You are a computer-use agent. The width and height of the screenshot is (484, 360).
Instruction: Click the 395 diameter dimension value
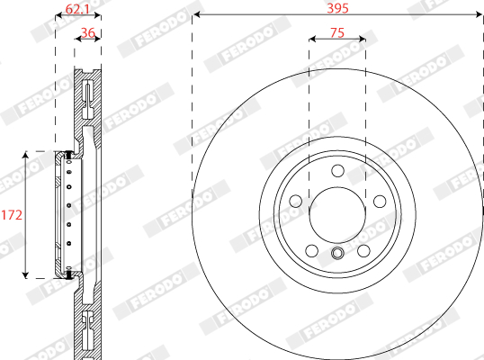(337, 8)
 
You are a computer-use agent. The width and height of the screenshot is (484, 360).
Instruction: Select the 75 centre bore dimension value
(337, 32)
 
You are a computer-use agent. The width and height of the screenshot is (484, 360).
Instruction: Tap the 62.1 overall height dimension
(77, 9)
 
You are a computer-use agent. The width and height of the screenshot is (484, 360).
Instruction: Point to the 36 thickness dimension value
(87, 32)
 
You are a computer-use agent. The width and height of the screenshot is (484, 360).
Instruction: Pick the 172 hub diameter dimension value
(12, 215)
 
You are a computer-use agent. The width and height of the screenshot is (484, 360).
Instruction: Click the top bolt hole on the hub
(337, 171)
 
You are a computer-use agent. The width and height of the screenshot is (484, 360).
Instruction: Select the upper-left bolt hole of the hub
(296, 202)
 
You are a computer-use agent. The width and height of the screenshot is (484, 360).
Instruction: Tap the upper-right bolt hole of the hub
(380, 202)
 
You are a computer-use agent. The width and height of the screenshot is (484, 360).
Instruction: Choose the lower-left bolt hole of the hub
(312, 251)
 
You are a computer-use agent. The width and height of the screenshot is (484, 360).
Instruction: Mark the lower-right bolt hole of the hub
(363, 251)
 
